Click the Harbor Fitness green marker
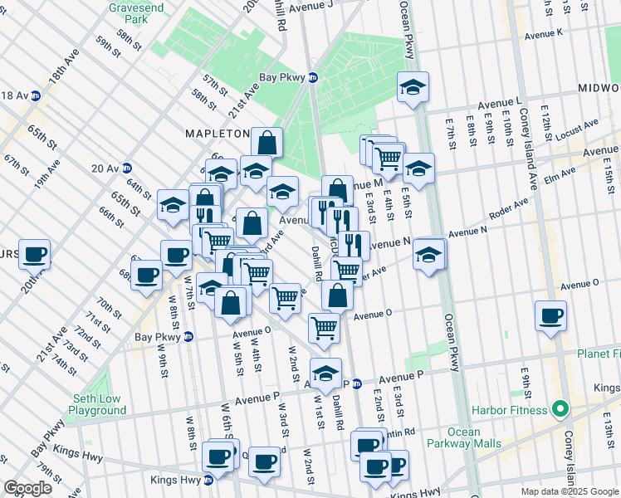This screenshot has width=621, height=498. point(560,409)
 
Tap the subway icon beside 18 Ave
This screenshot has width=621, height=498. point(36,95)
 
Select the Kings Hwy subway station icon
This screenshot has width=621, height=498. point(208,480)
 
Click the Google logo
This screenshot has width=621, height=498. point(27,488)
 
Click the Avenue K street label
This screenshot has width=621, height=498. point(545,33)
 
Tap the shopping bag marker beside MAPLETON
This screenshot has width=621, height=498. point(266,142)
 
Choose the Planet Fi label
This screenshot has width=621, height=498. point(599,354)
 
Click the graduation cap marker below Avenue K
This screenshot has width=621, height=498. point(411,87)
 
